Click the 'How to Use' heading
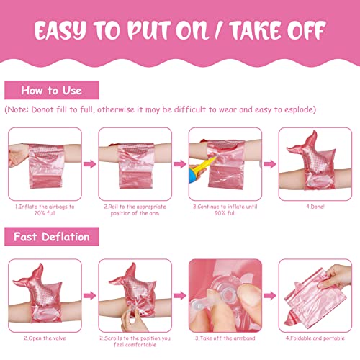pos(52,91)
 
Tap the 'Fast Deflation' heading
pos(52,237)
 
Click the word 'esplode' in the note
pos(299,109)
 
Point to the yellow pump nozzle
pos(204,166)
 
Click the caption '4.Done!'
pos(315,207)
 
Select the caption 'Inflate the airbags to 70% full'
pos(45,210)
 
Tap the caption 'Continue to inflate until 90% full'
pos(225,210)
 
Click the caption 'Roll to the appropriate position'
pos(135,210)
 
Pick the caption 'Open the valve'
pos(45,338)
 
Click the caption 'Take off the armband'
pos(225,338)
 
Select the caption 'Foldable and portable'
pos(315,338)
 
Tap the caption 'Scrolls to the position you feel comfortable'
pos(135,341)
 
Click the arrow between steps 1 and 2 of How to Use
pos(90,164)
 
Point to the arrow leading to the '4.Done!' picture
pos(270,164)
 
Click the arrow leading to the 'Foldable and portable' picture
pos(270,295)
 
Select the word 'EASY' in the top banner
pos(60,30)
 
